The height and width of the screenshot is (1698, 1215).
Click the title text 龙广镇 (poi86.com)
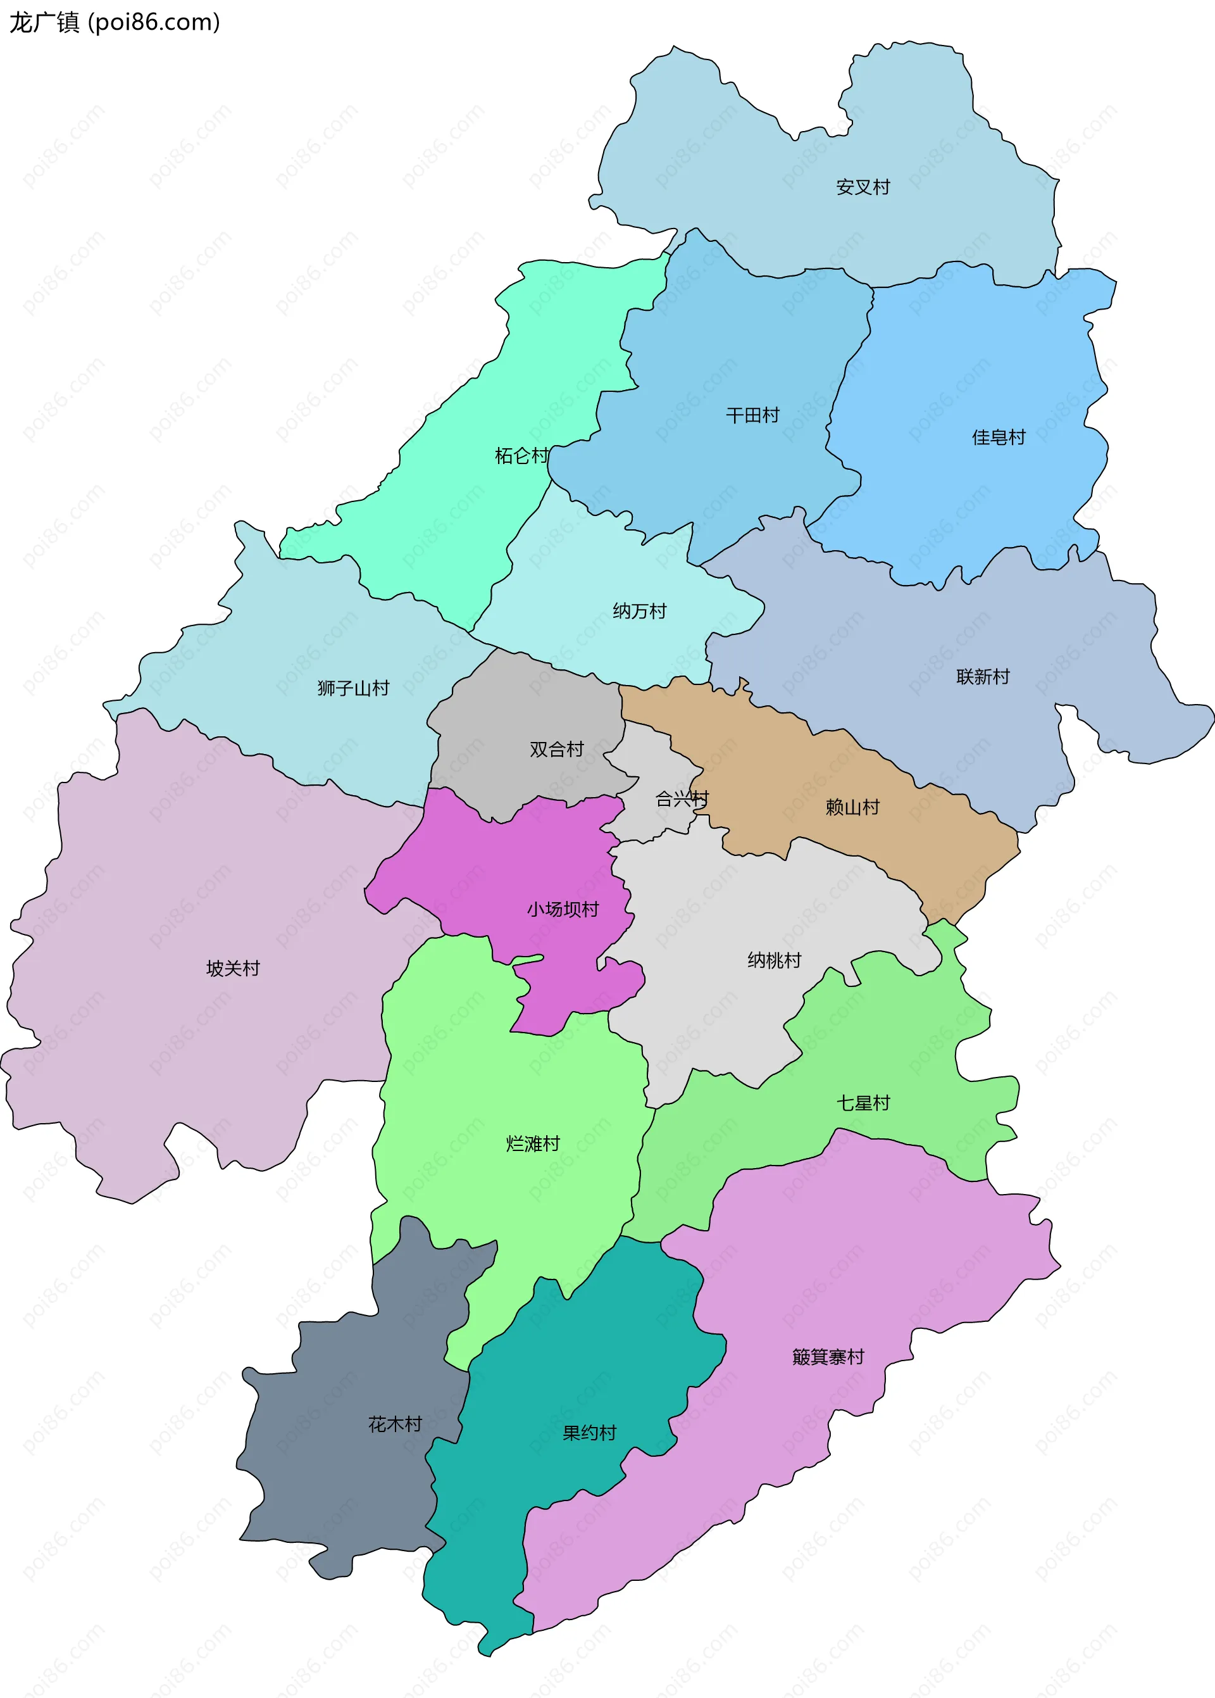(115, 22)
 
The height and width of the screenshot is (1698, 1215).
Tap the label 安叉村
(863, 187)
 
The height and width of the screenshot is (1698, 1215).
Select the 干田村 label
(752, 415)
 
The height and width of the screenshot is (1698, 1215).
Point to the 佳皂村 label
(998, 437)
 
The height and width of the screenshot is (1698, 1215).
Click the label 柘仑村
(521, 456)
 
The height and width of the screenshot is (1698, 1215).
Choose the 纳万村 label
(639, 612)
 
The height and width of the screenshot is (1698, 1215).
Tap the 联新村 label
(982, 677)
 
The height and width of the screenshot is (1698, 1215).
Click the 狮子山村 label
(353, 688)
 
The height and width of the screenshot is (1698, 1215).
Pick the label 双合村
(556, 750)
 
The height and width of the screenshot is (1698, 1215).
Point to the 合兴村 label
(682, 799)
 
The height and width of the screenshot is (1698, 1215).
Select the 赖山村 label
(852, 807)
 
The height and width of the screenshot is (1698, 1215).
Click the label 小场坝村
(563, 910)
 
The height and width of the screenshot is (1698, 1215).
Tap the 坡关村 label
(233, 969)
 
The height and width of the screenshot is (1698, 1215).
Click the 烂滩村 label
(533, 1144)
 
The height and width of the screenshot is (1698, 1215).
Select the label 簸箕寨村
(828, 1357)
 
